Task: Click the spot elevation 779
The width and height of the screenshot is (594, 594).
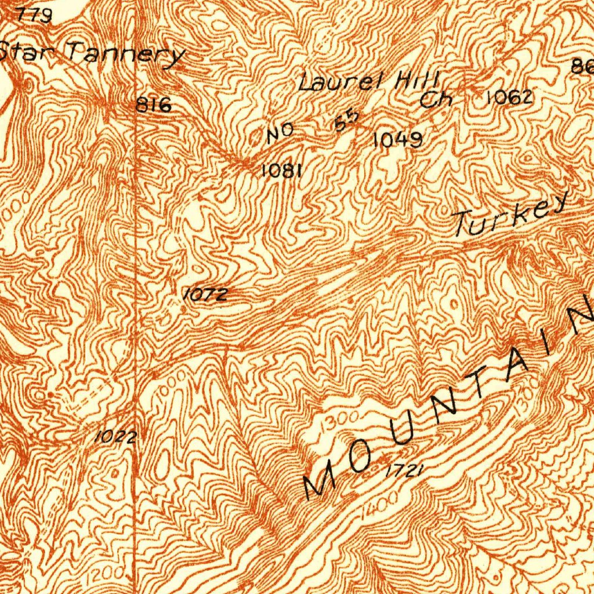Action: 35,15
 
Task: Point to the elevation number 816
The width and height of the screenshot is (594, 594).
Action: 154,105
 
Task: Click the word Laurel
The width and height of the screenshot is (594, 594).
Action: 339,82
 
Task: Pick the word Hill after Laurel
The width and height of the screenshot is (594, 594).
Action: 418,80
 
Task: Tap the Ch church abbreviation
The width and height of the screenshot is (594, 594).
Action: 437,100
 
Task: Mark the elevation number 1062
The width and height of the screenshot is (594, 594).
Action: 509,97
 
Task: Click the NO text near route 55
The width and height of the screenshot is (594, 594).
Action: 280,135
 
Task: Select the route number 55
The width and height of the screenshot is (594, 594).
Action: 347,122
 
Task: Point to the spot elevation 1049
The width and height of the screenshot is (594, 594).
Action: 397,140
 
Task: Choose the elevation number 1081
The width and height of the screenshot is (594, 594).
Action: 282,170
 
